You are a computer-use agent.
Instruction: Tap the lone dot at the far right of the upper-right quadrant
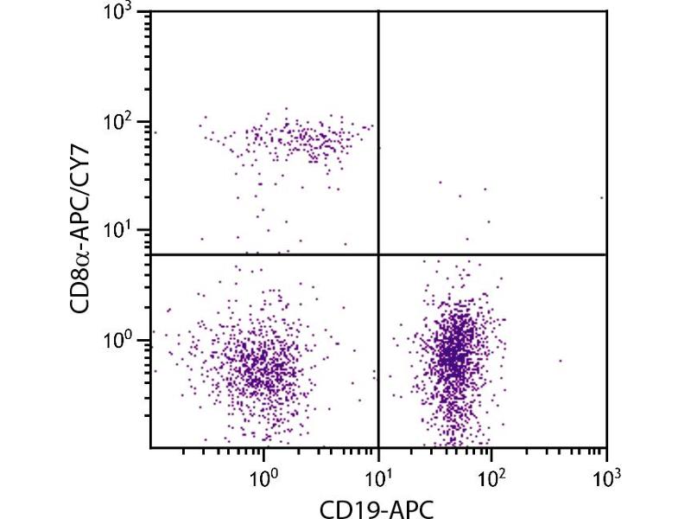coord(602,197)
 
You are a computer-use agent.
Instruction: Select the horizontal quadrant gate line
coord(259,254)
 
